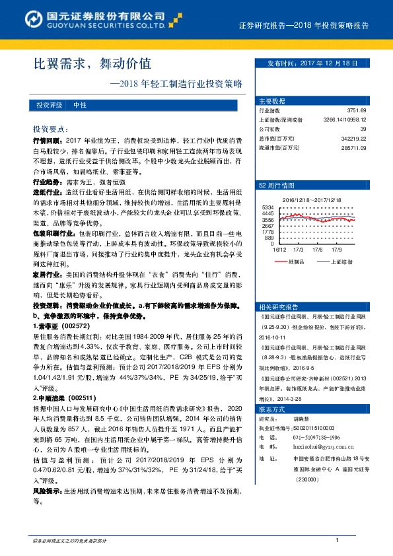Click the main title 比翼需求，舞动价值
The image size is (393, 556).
92,64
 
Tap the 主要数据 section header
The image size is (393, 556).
272,101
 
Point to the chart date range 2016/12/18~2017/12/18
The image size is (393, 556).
312,199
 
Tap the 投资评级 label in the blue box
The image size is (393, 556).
50,105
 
